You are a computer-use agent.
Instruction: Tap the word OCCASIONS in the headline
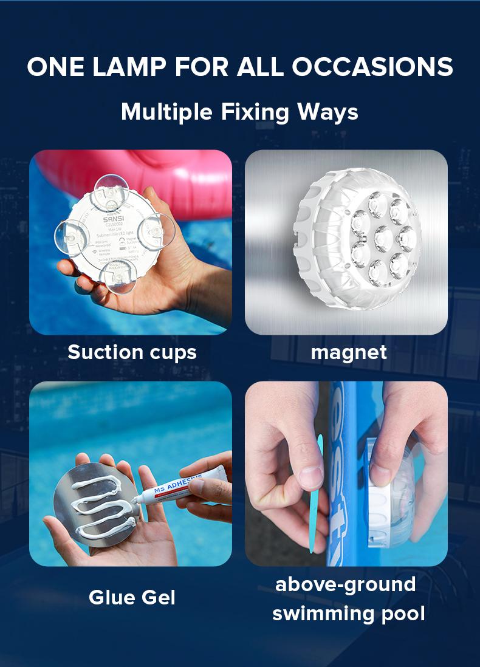(x=372, y=67)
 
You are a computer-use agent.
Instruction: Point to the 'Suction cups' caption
(x=132, y=352)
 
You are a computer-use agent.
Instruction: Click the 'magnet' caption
(x=348, y=352)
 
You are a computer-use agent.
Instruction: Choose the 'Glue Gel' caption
(x=132, y=597)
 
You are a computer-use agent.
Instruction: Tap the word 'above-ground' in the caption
(x=346, y=584)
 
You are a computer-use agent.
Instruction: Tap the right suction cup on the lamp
(x=157, y=231)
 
